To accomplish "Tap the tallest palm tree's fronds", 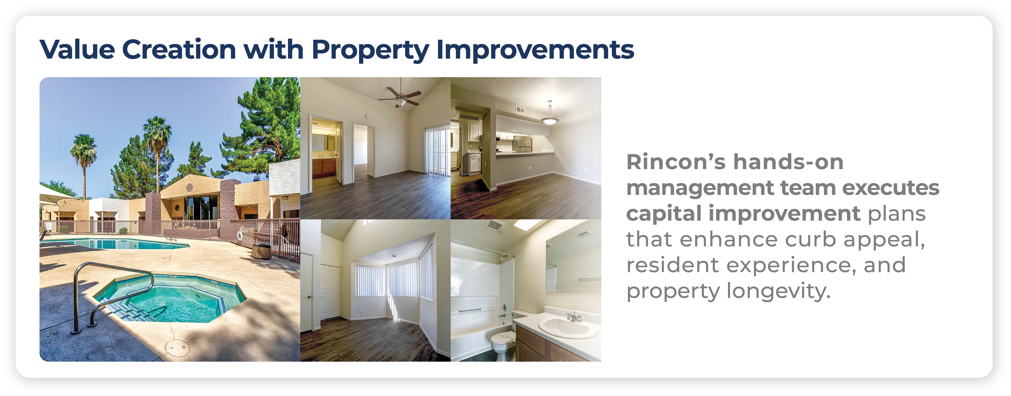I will coord(157,129).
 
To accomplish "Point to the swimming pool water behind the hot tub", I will coord(118,243).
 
